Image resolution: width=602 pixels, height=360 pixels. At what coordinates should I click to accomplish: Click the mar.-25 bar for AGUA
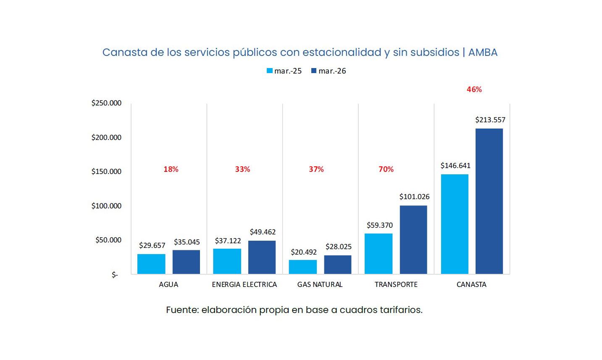(x=151, y=264)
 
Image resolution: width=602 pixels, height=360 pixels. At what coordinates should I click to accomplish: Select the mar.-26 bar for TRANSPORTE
(x=413, y=239)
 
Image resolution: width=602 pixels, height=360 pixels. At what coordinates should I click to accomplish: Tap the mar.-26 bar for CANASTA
(x=489, y=201)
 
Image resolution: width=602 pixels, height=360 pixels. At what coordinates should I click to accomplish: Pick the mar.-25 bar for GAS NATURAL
(x=303, y=267)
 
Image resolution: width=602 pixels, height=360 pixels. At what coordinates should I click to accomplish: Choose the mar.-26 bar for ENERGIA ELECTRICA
(x=262, y=257)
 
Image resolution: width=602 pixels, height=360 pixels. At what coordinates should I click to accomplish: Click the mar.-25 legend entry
(x=284, y=71)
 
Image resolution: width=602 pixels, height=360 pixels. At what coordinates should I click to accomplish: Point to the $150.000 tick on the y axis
(x=106, y=171)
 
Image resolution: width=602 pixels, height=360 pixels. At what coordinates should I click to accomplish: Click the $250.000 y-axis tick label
(x=106, y=103)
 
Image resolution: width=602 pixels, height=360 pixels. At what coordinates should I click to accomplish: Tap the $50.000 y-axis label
(x=108, y=240)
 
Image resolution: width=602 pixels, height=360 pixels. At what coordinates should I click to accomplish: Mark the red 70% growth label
(x=386, y=169)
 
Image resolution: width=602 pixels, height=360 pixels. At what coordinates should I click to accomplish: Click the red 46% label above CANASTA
(x=474, y=89)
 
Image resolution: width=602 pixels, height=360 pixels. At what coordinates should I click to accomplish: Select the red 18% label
(x=171, y=169)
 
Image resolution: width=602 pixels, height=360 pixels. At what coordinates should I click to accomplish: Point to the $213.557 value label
(x=490, y=120)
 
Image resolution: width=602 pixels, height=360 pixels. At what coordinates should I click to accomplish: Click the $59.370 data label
(x=380, y=225)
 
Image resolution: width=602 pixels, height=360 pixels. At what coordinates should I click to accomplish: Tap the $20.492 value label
(x=304, y=252)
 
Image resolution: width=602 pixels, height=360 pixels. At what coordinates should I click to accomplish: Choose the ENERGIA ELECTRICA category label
(x=244, y=284)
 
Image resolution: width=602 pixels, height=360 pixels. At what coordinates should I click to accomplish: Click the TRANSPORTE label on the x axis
(x=396, y=284)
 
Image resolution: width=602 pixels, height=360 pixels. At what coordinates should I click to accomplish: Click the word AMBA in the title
(x=483, y=53)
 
